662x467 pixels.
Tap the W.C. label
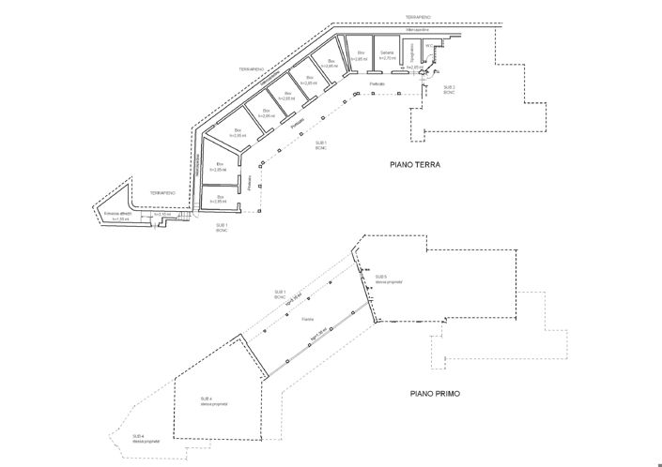coord(428,45)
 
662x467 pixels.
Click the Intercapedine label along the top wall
coord(417,31)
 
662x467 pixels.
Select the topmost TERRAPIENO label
coord(419,17)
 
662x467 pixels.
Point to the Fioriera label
coord(307,320)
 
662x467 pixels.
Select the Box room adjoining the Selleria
coord(360,55)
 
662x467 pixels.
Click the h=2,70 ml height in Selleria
coord(386,59)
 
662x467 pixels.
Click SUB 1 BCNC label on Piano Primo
coord(280,295)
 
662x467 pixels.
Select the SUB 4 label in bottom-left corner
coord(138,438)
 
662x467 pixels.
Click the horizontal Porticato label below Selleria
coord(377,83)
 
